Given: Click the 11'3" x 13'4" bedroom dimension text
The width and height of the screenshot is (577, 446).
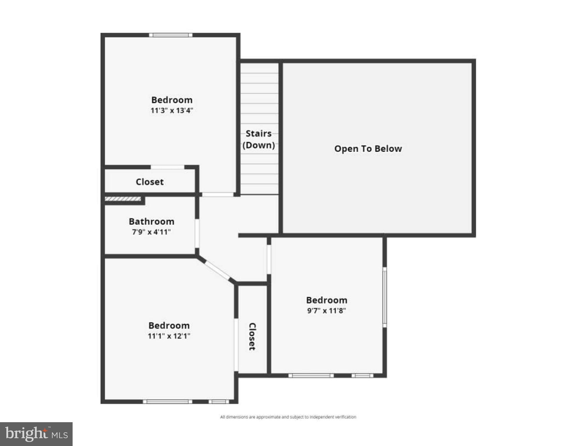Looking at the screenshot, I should [x=172, y=111].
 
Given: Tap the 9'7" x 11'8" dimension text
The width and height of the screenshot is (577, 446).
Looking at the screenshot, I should [x=326, y=311].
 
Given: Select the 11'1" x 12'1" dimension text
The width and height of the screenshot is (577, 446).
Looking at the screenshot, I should [x=169, y=336].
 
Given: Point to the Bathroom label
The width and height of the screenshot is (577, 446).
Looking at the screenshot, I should [x=151, y=222].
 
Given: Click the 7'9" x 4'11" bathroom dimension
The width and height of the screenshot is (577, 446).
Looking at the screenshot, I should [x=151, y=232].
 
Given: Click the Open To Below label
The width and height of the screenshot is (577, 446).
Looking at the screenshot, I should [x=368, y=149].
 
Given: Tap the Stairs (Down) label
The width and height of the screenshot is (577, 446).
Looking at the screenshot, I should [x=258, y=139].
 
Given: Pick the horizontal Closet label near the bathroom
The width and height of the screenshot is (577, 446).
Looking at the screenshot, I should [x=150, y=182].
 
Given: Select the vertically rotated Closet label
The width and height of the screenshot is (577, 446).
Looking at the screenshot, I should [x=252, y=337].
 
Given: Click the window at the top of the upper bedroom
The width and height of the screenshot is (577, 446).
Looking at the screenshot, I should [x=171, y=35].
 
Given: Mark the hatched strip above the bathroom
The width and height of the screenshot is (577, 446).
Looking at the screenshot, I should [x=123, y=199].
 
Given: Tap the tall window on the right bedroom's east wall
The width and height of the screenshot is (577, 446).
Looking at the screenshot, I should [x=384, y=297].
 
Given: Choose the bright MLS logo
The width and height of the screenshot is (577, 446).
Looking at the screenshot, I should [x=36, y=434].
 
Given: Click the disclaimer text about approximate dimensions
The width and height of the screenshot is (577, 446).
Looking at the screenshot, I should [x=288, y=417].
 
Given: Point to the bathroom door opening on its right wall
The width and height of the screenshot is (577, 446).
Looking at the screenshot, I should [x=197, y=233].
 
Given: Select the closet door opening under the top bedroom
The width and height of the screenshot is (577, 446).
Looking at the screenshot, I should [x=168, y=167].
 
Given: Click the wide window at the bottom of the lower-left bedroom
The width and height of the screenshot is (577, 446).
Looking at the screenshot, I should [x=168, y=402].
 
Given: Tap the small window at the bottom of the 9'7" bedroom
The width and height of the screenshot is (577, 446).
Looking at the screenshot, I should [x=362, y=375].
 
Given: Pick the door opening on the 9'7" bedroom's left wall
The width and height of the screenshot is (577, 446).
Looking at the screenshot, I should [x=269, y=259].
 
